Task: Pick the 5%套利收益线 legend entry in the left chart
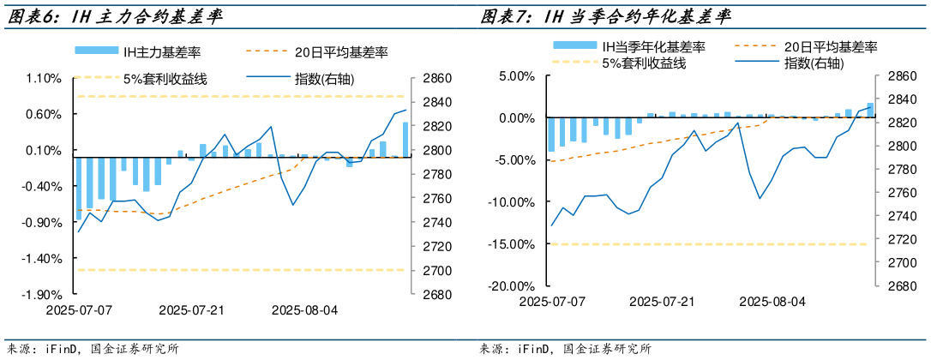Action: [x=166, y=79]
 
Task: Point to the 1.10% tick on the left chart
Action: [x=43, y=78]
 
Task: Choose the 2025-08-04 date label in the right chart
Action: [x=772, y=302]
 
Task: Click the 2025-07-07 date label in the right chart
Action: [x=552, y=302]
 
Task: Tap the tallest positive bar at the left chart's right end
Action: [x=405, y=140]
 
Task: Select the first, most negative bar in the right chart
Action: [x=552, y=134]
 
